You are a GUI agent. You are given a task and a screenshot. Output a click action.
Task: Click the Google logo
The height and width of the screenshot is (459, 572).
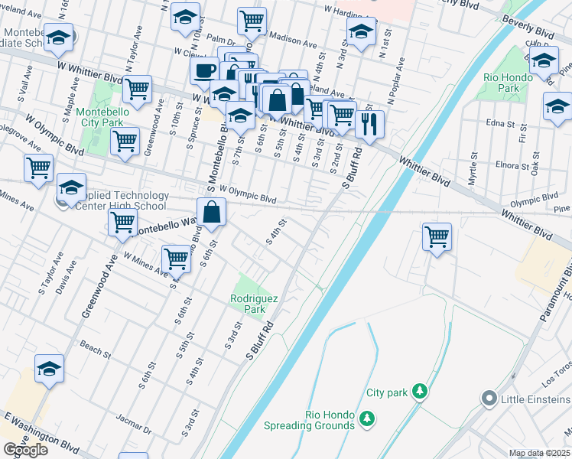pos(26,450)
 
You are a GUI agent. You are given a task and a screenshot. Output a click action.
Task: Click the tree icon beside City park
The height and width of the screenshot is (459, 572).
pos(418,392)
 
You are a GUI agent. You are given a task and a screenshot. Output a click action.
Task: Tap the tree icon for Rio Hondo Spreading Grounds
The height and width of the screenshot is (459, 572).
pos(368,418)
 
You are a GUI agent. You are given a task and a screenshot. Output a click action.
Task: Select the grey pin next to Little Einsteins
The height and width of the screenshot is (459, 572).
pos(489,399)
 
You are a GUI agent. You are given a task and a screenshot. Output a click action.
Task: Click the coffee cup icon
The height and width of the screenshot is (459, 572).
pos(204,70)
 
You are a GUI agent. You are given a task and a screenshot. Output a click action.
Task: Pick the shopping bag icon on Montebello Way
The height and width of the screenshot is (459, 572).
pos(211,212)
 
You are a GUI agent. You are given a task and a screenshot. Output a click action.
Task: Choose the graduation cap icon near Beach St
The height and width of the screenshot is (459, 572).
pos(49,369)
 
